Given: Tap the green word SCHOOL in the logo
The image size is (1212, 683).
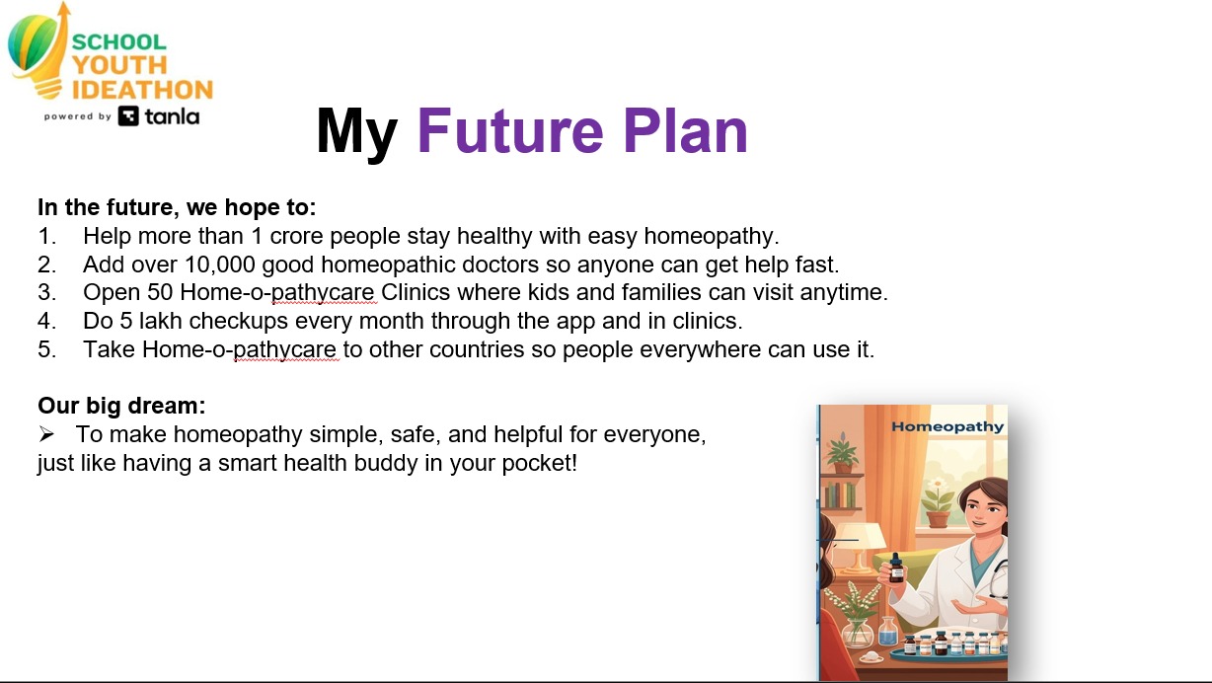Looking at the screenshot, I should pyautogui.click(x=118, y=42).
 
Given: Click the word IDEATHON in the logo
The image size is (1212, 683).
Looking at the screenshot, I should pyautogui.click(x=142, y=90).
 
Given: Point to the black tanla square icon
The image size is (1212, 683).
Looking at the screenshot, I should pyautogui.click(x=128, y=116).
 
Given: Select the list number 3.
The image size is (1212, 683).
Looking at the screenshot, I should pyautogui.click(x=46, y=293).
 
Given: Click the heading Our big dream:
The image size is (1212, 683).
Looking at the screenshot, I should pyautogui.click(x=121, y=406).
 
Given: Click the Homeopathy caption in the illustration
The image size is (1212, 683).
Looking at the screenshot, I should pyautogui.click(x=947, y=426).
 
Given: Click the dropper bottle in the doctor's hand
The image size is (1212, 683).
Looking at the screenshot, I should pyautogui.click(x=895, y=568).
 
